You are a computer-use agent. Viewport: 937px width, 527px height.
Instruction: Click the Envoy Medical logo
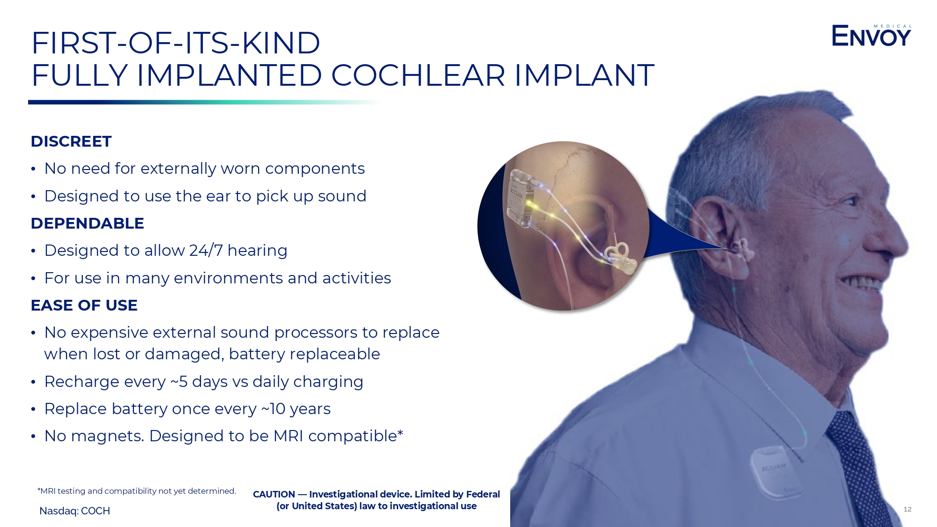tap(871, 36)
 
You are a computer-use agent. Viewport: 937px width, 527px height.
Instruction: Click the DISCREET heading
tap(71, 141)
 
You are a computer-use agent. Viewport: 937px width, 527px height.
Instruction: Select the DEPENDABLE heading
tap(88, 223)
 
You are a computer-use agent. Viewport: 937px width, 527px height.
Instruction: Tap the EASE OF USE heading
tap(84, 305)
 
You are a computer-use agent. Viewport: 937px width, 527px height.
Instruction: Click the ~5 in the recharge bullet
tap(178, 381)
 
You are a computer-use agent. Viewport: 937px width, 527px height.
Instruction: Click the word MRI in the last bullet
tap(289, 436)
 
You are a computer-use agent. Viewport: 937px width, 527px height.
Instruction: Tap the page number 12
tap(907, 509)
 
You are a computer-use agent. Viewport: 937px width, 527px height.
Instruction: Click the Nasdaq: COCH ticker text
tap(74, 511)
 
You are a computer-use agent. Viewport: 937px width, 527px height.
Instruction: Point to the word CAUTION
tap(274, 494)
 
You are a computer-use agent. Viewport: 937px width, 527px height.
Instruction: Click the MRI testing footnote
tap(137, 491)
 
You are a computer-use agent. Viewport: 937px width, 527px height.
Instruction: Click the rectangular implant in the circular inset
tap(521, 199)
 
